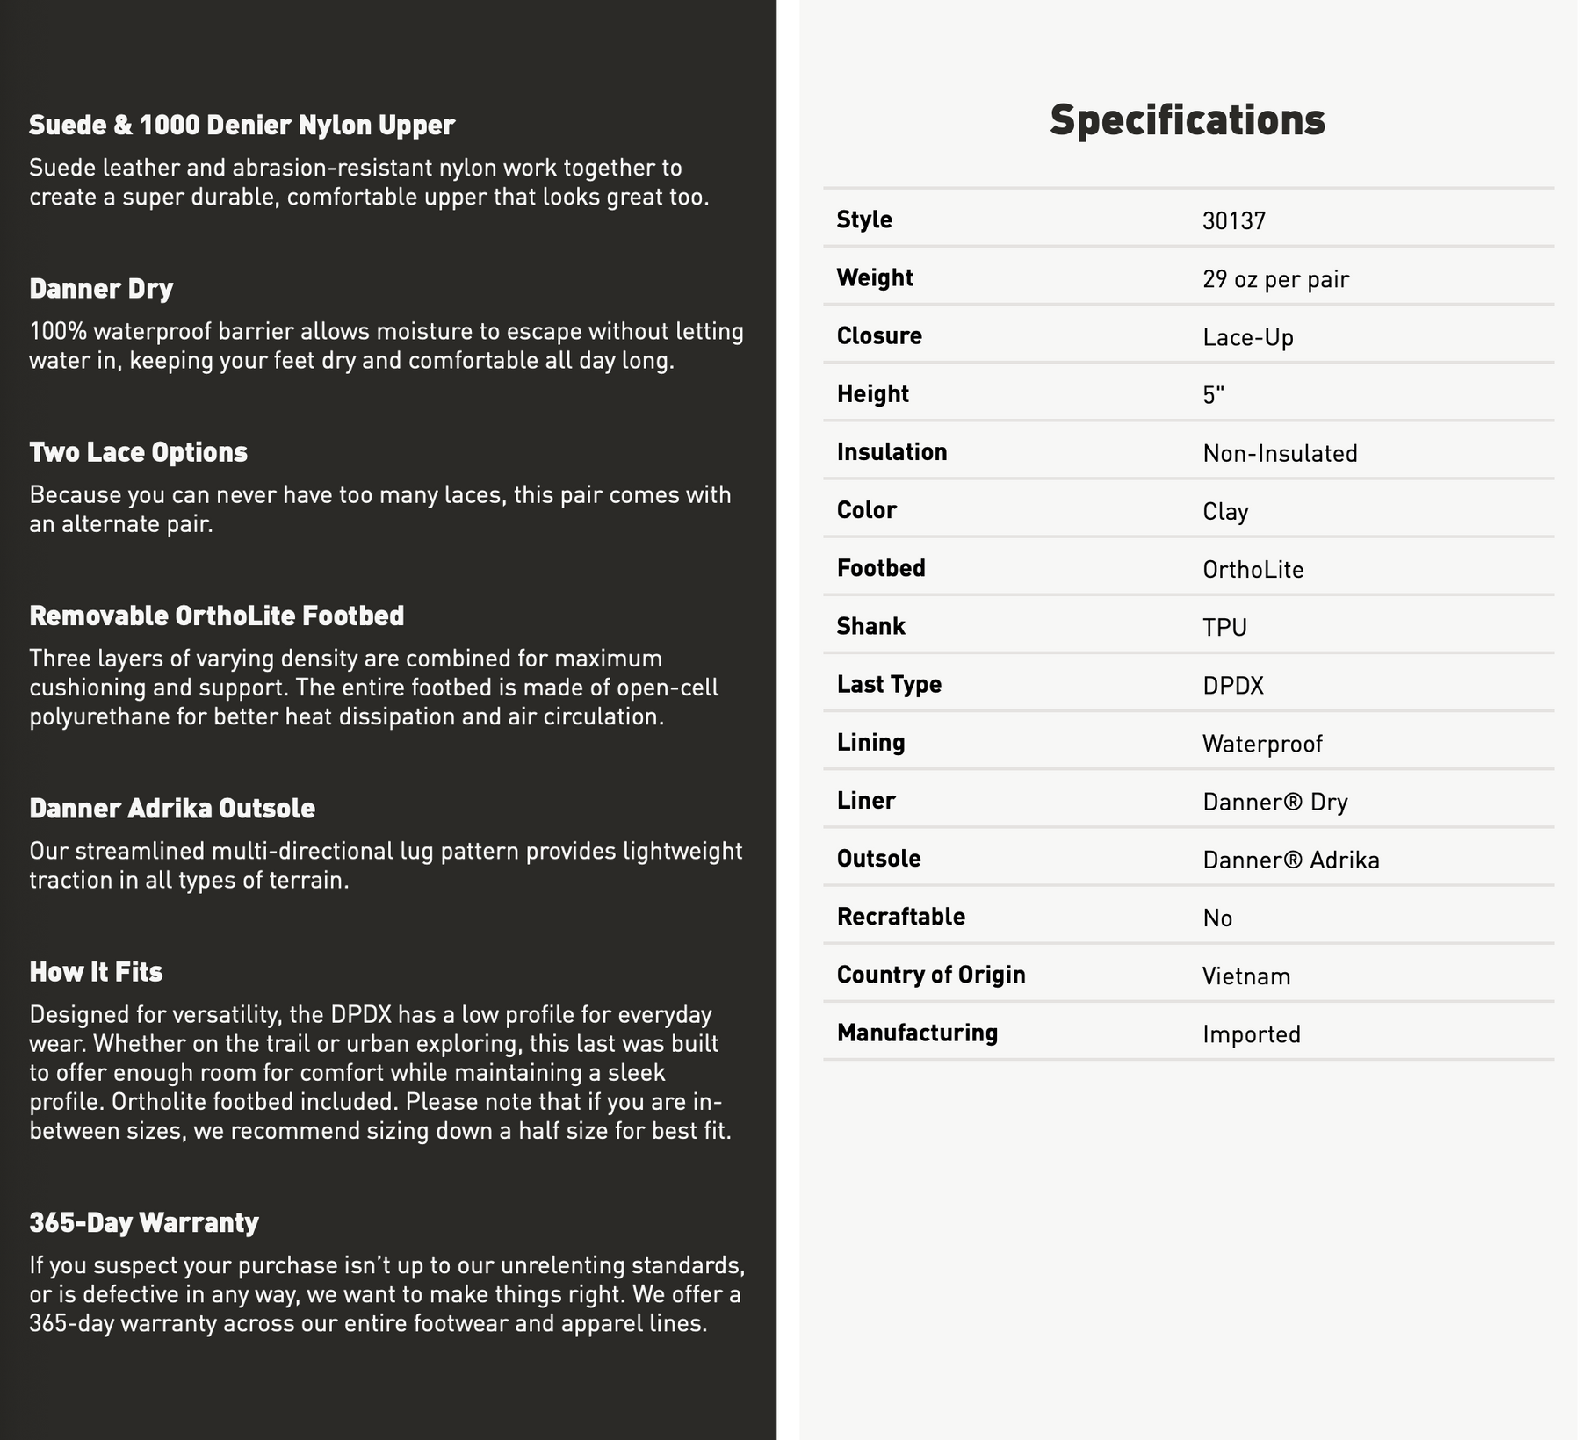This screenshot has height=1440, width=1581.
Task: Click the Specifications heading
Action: [1187, 120]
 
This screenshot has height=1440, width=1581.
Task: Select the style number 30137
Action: [1233, 220]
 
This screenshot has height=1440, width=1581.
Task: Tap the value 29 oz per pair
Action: [1275, 279]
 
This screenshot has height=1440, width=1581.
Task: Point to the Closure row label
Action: [879, 336]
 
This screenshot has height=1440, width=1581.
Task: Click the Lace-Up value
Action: [1247, 337]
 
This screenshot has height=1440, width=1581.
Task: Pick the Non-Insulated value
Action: [1280, 453]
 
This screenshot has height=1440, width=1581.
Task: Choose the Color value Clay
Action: [1225, 511]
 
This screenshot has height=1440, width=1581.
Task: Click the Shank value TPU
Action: [1224, 627]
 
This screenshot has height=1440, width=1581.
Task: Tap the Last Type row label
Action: [889, 684]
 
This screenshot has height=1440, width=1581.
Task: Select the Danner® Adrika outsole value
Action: [1290, 860]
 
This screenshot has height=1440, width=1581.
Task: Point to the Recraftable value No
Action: [1217, 918]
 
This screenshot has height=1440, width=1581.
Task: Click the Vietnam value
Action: [1246, 976]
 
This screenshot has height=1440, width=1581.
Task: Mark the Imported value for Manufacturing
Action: [1251, 1034]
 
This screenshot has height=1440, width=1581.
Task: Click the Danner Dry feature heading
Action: [101, 289]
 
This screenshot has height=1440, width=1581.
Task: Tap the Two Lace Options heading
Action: [138, 452]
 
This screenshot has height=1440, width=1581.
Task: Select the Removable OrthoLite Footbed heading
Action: [216, 616]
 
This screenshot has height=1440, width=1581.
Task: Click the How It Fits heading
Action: [96, 972]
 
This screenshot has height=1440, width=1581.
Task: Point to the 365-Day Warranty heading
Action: [144, 1222]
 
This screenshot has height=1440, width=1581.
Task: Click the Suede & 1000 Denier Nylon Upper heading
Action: [242, 126]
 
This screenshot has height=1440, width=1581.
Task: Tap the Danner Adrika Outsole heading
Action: [172, 808]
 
